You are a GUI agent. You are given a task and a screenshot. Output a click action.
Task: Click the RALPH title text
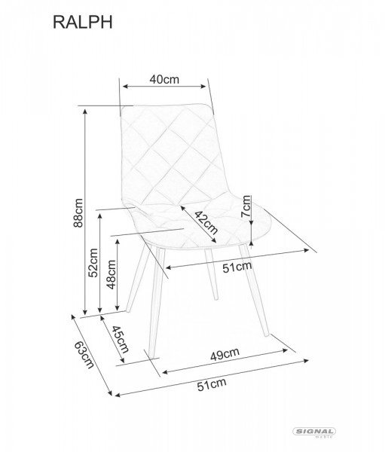(82, 23)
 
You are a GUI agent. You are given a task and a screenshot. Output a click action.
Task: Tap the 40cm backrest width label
(164, 79)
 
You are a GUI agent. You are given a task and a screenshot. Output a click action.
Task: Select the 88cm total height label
(78, 212)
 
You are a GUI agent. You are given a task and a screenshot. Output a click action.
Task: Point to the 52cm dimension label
(93, 263)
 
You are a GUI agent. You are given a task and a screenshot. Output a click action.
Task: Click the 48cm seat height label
(111, 274)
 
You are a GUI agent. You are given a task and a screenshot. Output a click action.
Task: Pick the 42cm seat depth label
(206, 222)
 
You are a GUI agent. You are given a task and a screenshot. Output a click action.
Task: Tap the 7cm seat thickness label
(246, 206)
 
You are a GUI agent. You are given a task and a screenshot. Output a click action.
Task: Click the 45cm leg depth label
(120, 339)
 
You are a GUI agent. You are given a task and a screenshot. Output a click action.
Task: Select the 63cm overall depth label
(84, 355)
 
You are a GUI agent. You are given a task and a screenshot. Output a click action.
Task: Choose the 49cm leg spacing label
(225, 354)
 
